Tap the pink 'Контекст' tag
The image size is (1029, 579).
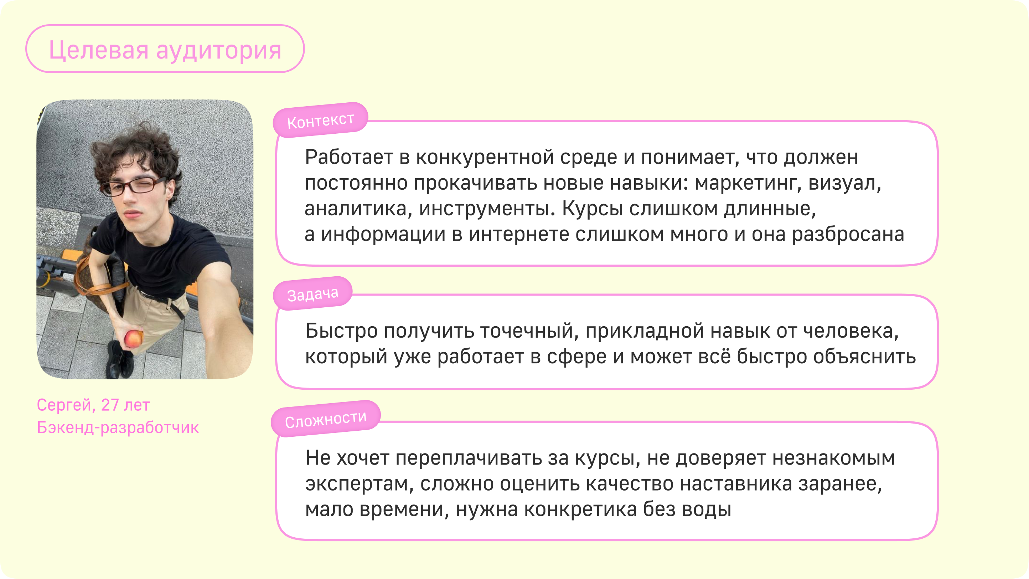(320, 120)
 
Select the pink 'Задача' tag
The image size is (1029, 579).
(313, 294)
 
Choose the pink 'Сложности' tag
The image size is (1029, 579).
(326, 419)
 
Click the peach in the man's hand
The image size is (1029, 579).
(133, 339)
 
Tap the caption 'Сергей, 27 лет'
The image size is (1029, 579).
(93, 405)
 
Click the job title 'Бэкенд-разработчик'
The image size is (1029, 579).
(118, 427)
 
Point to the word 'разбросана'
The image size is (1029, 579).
(848, 234)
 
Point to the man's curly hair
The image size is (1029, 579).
(136, 148)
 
